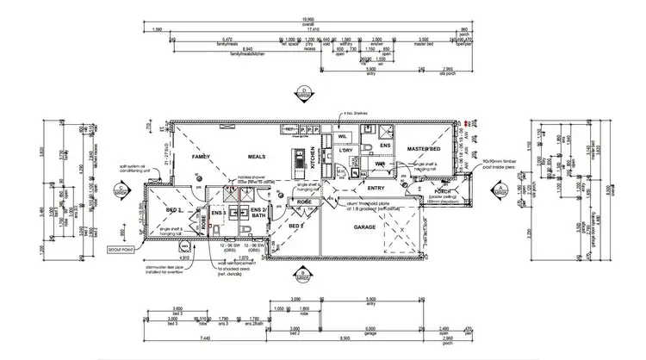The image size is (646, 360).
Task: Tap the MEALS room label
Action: click(x=256, y=158)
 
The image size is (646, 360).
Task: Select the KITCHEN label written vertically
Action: click(x=312, y=159)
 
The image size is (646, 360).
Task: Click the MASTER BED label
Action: click(x=424, y=149)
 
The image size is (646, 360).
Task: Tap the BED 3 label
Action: click(x=172, y=210)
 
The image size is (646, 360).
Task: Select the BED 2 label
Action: click(x=295, y=226)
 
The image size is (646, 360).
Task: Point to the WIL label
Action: click(x=342, y=135)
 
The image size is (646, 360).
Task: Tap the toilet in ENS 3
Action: click(x=215, y=228)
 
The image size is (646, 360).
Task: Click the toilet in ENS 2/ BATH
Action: click(x=246, y=228)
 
